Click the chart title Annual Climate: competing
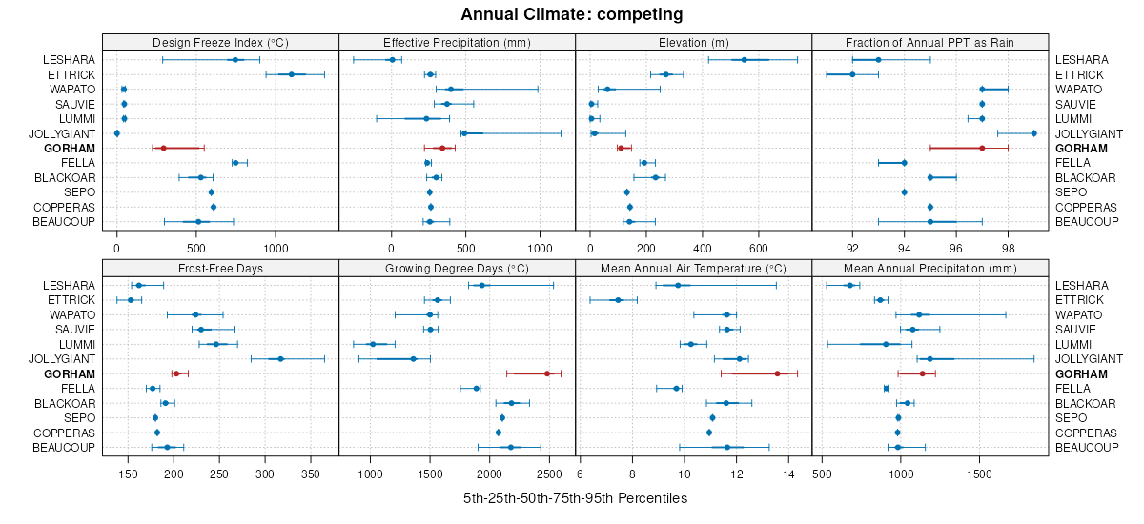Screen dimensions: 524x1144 click(571, 14)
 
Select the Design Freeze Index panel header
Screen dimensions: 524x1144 click(220, 42)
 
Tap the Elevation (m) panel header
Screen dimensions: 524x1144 click(693, 42)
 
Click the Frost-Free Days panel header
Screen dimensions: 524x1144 click(220, 268)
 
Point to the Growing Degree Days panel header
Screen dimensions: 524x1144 click(457, 268)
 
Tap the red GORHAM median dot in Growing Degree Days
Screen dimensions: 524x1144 click(546, 373)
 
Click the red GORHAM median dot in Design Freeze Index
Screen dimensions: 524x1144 click(163, 148)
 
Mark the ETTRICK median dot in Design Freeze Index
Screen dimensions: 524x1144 click(292, 74)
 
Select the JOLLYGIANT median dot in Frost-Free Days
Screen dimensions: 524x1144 click(280, 358)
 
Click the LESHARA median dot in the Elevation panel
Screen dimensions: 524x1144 click(745, 60)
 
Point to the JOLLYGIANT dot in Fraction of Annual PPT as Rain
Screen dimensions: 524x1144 click(1034, 133)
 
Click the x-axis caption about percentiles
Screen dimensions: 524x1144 click(575, 498)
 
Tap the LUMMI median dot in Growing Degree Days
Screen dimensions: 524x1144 click(373, 344)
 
